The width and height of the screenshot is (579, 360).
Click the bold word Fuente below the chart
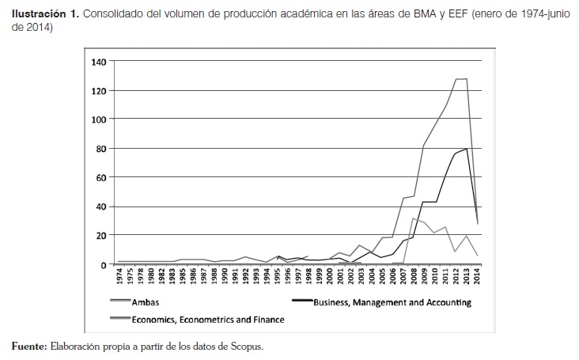click(x=29, y=346)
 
